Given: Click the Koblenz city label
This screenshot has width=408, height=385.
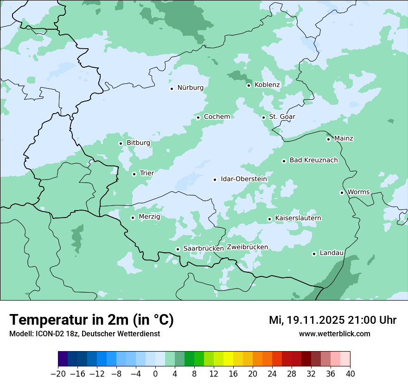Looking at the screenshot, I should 267,85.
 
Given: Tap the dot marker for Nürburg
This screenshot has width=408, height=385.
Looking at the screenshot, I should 172,88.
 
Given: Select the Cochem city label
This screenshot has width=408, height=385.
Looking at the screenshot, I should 217,117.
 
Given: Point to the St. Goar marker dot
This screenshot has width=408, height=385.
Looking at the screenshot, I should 263,117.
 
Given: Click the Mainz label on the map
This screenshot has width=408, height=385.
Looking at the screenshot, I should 344,139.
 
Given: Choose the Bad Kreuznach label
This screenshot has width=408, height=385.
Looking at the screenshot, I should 313,160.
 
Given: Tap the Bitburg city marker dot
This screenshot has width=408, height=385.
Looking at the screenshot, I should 121,143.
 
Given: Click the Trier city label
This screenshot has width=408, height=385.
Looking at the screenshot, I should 147,173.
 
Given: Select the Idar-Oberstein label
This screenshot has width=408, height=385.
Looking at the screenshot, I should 244,179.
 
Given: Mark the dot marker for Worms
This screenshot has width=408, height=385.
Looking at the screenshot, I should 342,192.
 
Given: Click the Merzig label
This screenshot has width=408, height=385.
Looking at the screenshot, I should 149,217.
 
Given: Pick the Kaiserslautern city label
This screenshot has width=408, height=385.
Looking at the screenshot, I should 298,218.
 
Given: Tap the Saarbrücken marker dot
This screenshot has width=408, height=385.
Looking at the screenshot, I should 178,249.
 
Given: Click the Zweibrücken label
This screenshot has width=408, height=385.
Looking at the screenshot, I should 247,247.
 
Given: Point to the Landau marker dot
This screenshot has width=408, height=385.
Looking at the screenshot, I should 314,254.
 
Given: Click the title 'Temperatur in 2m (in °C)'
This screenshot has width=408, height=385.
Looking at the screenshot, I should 91,320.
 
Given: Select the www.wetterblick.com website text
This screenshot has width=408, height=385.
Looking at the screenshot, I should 334,334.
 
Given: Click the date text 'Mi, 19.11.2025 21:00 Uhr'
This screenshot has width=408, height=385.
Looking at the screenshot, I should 332,320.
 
